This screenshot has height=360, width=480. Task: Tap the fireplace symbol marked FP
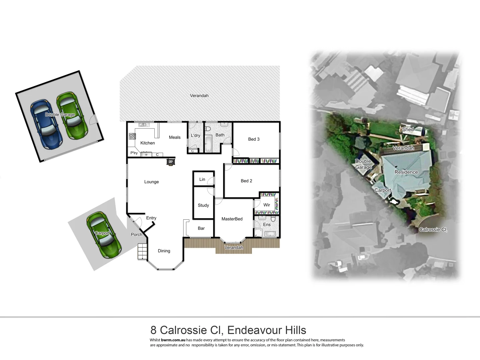(171, 162)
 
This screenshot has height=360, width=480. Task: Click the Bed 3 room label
(254, 139)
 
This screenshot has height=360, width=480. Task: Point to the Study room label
(203, 205)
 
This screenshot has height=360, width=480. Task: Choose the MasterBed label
(232, 219)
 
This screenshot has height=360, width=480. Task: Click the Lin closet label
(202, 179)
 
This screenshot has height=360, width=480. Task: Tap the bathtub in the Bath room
(208, 144)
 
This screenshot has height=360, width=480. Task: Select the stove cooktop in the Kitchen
(132, 136)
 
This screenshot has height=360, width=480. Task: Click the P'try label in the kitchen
(134, 153)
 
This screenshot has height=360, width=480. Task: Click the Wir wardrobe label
(267, 205)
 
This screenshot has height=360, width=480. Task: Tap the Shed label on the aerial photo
(408, 129)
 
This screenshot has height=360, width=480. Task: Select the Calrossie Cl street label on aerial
(433, 230)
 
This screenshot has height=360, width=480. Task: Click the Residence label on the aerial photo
(406, 172)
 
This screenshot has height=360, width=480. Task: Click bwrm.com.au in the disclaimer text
(173, 340)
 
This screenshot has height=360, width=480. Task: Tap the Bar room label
(201, 228)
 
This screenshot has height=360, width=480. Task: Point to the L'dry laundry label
(195, 135)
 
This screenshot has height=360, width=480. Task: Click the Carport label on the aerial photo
(383, 190)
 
